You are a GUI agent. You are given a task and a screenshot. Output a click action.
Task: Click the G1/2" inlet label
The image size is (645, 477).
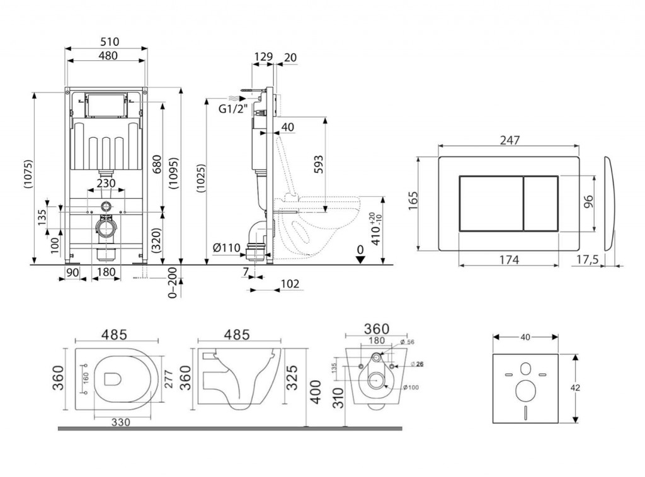[x=233, y=109]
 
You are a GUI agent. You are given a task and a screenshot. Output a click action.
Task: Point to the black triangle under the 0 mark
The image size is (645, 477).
[x=360, y=260]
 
